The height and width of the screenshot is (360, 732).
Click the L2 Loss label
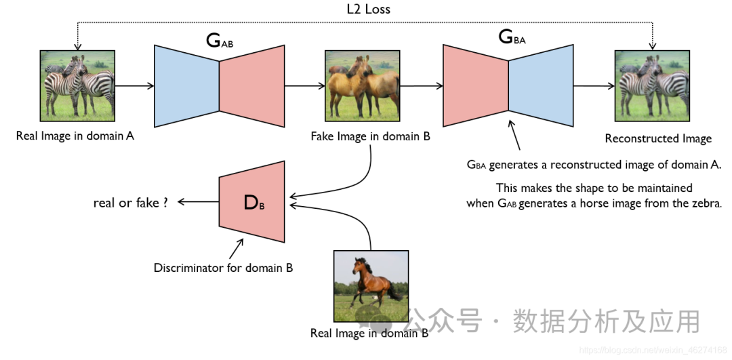tap(368, 9)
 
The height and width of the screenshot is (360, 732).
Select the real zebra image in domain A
tap(76, 86)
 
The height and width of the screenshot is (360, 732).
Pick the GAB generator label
tap(219, 41)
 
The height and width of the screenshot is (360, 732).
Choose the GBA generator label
tap(512, 38)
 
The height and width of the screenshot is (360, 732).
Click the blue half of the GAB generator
tap(186, 86)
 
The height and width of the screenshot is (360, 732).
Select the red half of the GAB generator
tap(251, 86)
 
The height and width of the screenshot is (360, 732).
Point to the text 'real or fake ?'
tap(130, 202)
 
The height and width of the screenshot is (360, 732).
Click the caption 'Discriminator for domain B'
tap(223, 268)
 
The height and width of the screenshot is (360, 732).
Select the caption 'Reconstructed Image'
tap(657, 139)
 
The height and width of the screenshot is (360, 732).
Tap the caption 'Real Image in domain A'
tap(75, 136)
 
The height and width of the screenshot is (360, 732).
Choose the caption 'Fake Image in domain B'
tap(370, 136)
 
